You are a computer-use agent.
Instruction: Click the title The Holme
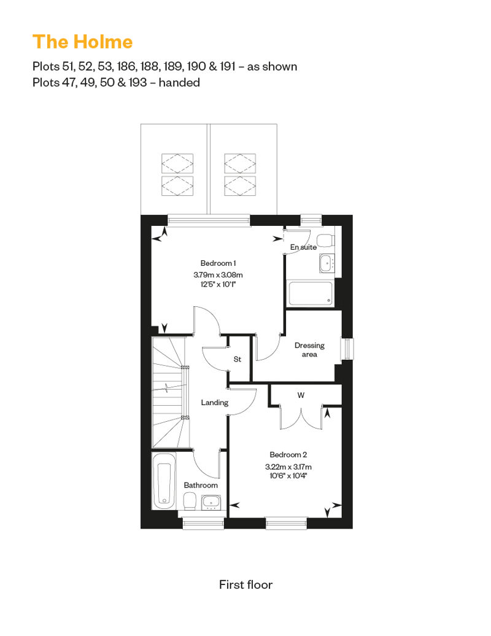click(83, 42)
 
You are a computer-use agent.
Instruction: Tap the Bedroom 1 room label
click(218, 263)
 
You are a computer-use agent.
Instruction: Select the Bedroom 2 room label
click(288, 455)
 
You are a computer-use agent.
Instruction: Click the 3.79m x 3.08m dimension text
click(218, 274)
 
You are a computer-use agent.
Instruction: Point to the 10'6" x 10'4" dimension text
click(288, 475)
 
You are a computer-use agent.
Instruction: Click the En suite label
click(303, 247)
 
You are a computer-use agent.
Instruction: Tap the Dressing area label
click(309, 350)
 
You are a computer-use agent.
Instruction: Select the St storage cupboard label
click(238, 359)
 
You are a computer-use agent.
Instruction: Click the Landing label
click(214, 402)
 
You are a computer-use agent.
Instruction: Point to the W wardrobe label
click(301, 395)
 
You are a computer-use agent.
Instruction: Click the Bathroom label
click(201, 485)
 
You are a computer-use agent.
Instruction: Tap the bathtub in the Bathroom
click(164, 481)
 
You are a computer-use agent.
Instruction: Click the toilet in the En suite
click(325, 240)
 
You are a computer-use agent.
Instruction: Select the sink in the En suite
click(327, 263)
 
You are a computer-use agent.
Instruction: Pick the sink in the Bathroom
click(211, 503)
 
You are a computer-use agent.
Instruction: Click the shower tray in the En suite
click(311, 293)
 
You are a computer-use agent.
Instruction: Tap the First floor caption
click(245, 584)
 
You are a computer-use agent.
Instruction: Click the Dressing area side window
click(347, 349)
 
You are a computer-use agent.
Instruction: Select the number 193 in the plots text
click(138, 82)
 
